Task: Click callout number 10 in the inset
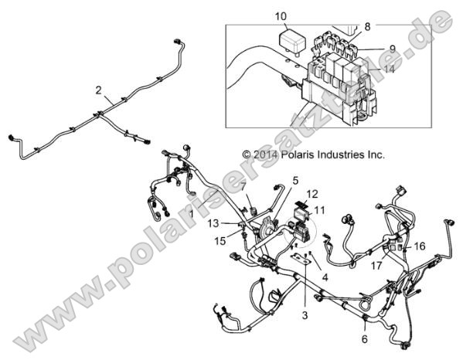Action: tap(280, 15)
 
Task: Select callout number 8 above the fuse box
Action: tap(367, 25)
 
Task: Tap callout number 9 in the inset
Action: tap(392, 48)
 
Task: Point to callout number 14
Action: tap(389, 70)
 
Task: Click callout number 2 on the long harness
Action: tap(98, 90)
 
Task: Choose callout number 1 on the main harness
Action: tap(192, 212)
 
